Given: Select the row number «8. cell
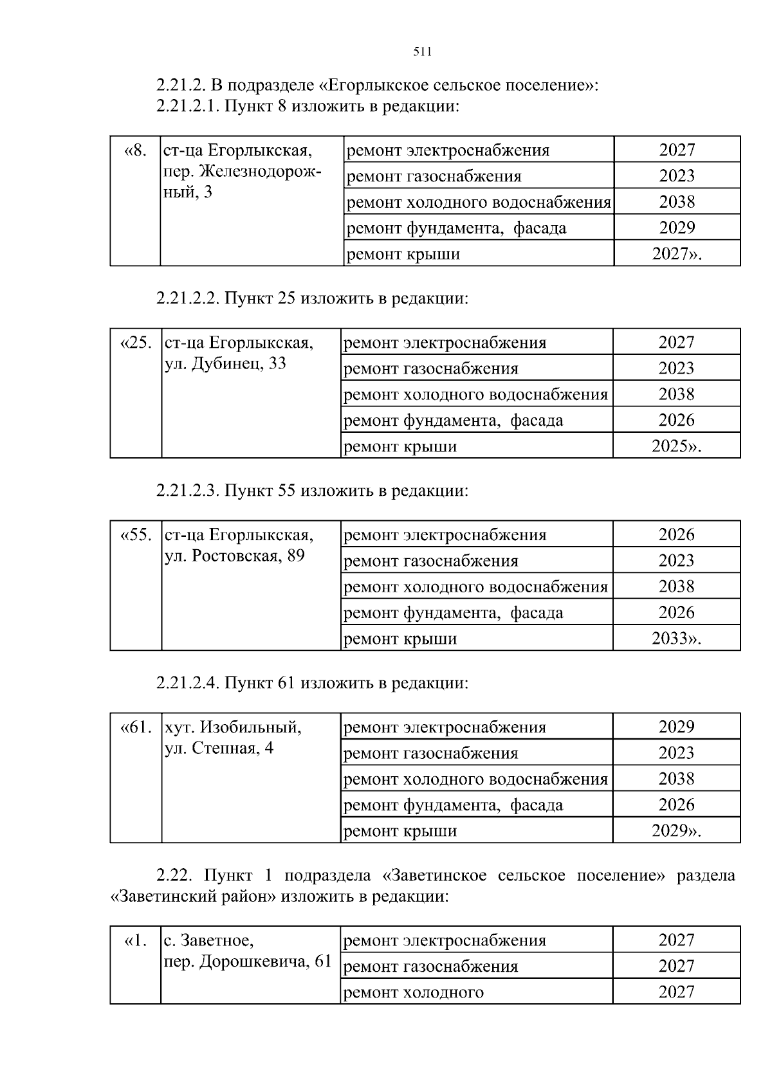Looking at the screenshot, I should point(135,150).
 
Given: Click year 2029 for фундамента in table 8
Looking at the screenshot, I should point(677,228).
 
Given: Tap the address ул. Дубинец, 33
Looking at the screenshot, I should point(225,364).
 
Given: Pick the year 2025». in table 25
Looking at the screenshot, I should point(676,446).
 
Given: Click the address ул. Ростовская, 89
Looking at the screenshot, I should point(234,556).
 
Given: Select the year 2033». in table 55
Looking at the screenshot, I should point(676,639).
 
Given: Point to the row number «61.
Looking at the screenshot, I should point(136,727).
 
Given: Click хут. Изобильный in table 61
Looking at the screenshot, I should point(233,727).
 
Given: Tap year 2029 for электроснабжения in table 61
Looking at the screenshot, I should point(676,727).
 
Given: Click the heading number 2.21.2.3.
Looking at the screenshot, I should point(187,491).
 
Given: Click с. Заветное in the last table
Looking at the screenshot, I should point(208,941).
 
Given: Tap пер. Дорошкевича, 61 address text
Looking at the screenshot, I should point(248,961).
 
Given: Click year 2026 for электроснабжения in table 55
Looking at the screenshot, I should point(676,535).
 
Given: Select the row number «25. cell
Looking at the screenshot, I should point(136,343).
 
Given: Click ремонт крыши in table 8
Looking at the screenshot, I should point(403,254).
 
